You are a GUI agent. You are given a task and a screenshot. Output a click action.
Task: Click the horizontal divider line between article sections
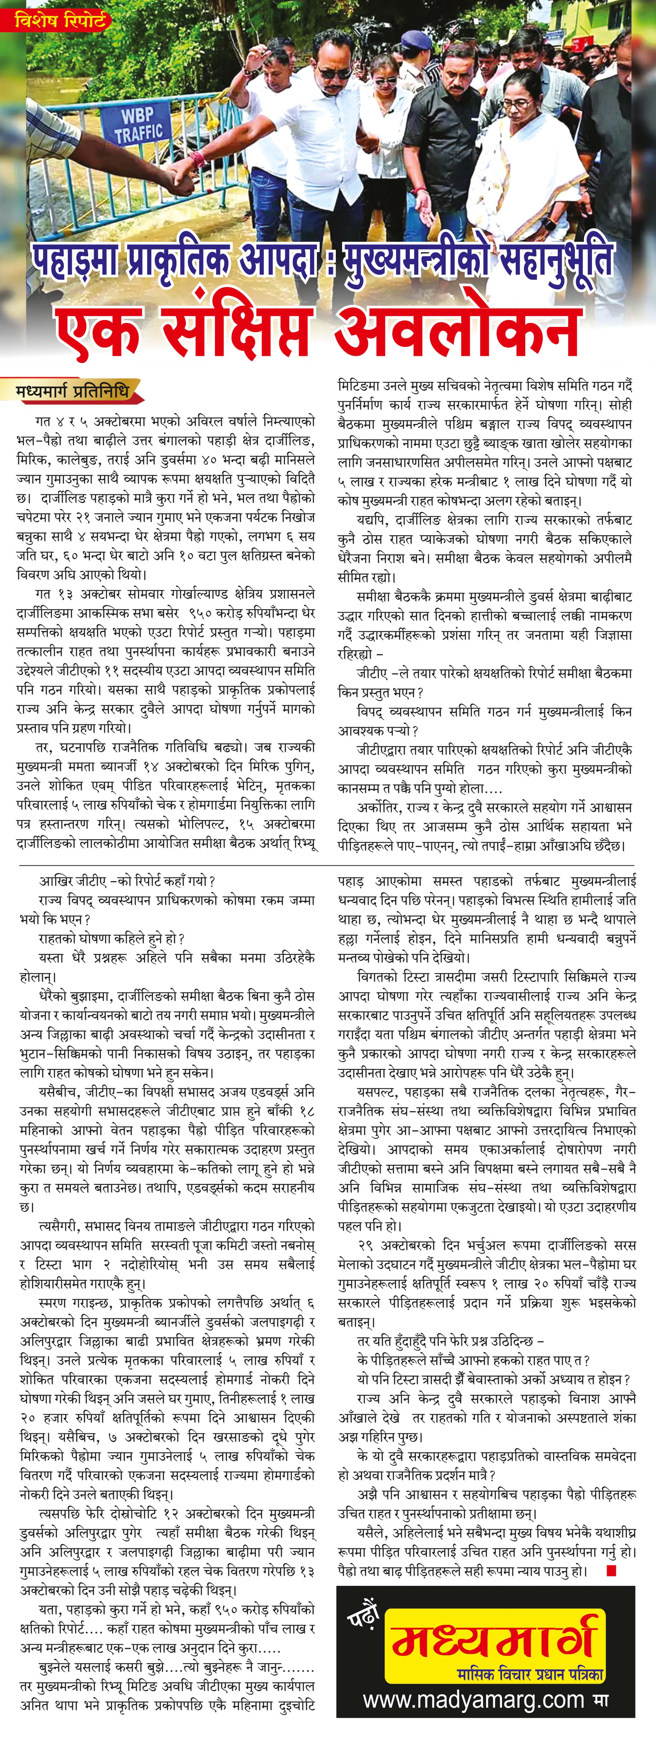(x=328, y=865)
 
